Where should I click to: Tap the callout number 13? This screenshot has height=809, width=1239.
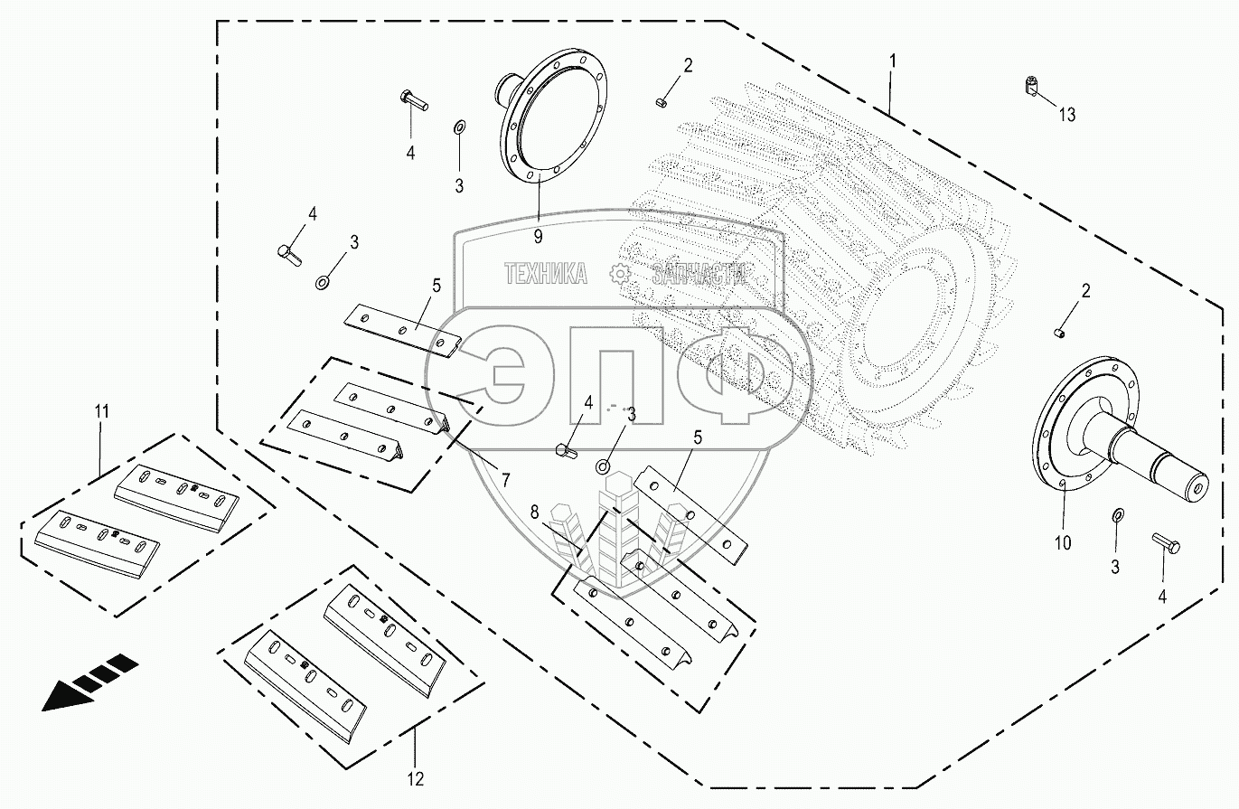(1067, 115)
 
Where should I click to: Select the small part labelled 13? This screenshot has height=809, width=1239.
(1031, 87)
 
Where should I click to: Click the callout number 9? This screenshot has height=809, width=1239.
(538, 237)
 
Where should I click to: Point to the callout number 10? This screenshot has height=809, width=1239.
(1062, 542)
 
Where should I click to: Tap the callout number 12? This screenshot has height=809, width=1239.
(415, 777)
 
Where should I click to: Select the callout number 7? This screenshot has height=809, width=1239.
(505, 477)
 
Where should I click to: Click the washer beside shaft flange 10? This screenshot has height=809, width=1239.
(1117, 515)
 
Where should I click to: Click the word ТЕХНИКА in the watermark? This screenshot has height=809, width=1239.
(546, 273)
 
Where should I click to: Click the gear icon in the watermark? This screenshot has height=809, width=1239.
(619, 273)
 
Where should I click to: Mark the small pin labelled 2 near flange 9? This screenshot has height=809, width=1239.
(661, 101)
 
